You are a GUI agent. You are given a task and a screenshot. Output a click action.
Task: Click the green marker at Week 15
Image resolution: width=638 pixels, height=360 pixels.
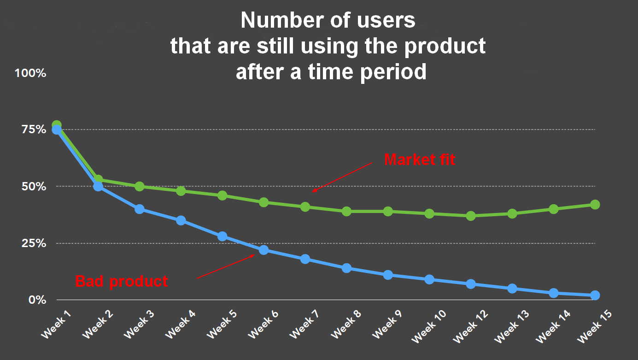point(595,204)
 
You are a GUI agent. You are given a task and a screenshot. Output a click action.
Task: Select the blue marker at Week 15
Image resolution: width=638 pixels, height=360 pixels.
point(595,295)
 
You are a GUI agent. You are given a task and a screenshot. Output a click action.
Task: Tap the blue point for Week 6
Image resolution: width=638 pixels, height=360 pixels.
point(263,250)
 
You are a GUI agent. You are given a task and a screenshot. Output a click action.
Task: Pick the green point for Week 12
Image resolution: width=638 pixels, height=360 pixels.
point(470,216)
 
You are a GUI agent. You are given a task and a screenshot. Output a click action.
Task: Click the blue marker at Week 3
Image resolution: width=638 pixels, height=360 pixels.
point(140,209)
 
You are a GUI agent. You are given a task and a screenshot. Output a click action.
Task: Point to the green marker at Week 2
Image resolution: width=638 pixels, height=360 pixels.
point(98,179)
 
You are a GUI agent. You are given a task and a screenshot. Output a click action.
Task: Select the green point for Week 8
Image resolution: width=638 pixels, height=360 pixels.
point(346,211)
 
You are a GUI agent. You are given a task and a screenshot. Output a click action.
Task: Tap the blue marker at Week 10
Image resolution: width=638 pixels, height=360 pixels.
point(429,279)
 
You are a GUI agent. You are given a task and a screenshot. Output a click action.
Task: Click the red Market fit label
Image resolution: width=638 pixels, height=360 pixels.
point(419,159)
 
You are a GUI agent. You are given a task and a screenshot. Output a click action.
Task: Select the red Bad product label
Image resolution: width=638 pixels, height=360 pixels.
point(122,281)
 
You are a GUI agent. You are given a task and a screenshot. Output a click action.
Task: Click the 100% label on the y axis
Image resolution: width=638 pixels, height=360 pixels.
point(30,73)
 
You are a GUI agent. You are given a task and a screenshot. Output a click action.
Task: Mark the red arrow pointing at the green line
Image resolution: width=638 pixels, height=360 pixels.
point(342,177)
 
